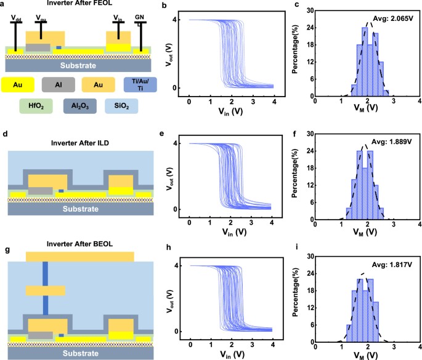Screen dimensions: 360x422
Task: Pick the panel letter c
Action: pyautogui.click(x=298, y=6)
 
